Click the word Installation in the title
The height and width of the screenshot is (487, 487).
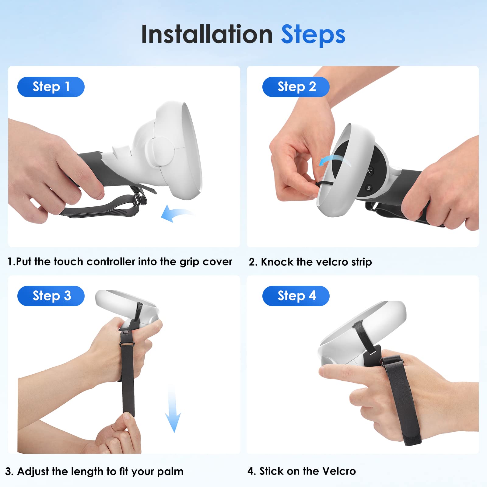207,34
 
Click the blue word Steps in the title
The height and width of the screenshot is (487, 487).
313,35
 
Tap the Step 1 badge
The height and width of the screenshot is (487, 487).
51,87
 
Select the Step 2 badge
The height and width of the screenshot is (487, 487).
296,87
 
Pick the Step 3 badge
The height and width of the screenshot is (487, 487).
51,296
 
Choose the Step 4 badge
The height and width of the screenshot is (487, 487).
296,296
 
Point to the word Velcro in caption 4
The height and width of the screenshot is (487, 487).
339,471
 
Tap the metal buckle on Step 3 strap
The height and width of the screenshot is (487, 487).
127,344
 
